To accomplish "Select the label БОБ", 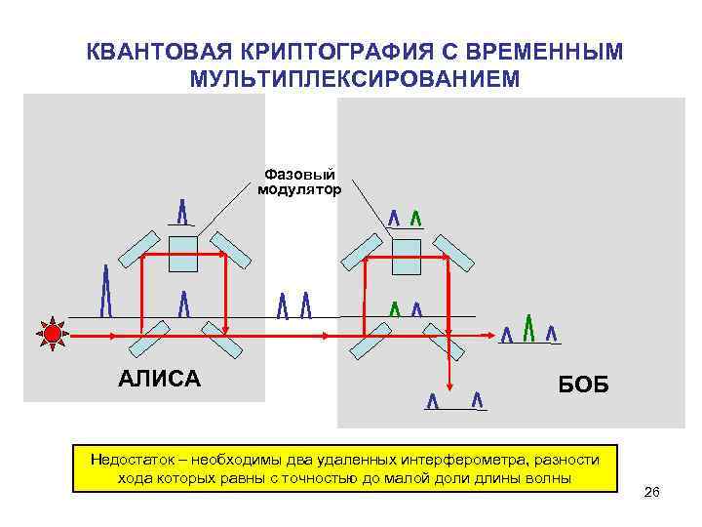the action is coord(583,385).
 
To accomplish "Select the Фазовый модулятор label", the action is coord(299,181).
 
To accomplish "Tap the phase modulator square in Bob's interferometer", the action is coord(405,257).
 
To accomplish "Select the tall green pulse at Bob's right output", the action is coord(528,329).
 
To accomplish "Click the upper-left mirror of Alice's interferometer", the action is coord(139,247).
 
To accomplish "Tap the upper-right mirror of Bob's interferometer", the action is coord(455,251).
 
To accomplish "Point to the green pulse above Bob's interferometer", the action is coord(416,218).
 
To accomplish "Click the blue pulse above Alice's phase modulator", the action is coord(183,211).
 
